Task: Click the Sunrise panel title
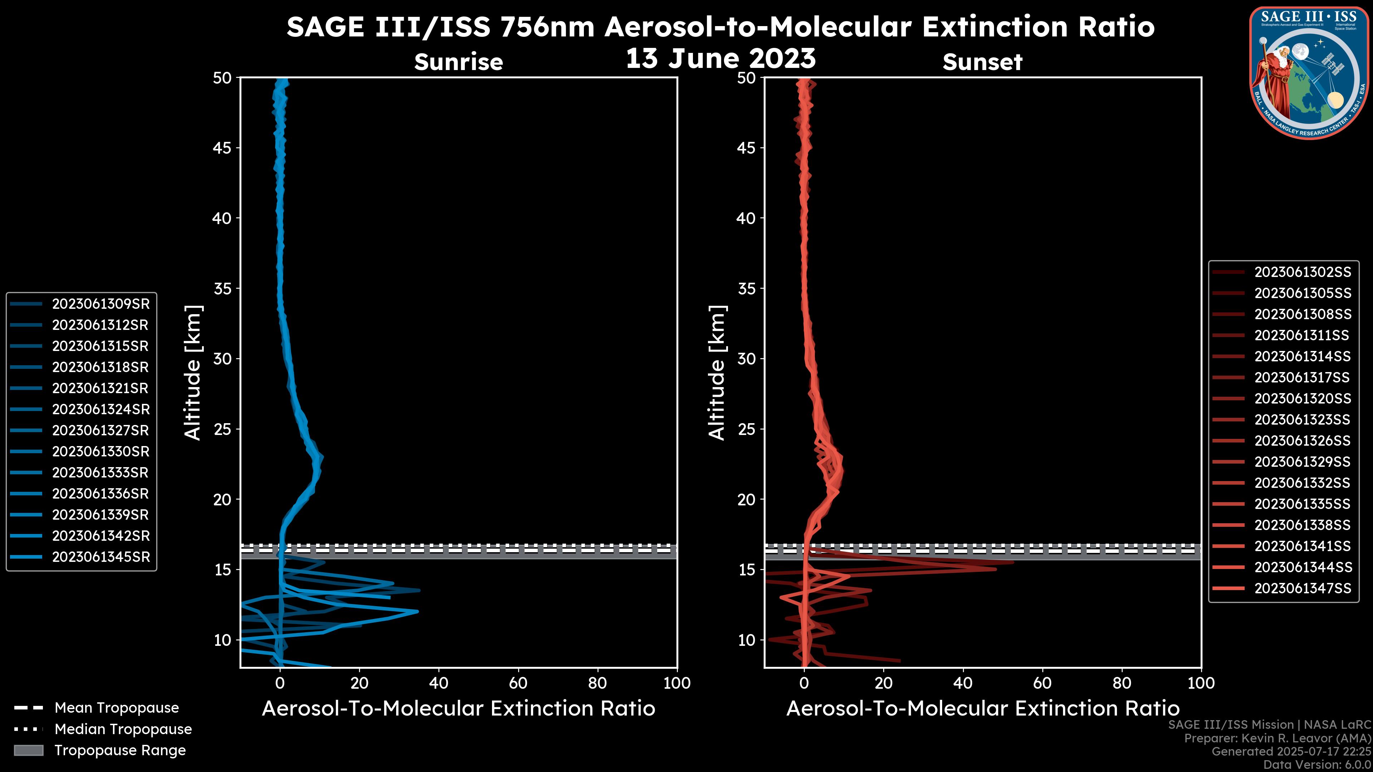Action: pos(458,62)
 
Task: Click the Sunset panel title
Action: pos(982,62)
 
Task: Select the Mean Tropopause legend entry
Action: pos(116,708)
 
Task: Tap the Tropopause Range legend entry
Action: pos(120,750)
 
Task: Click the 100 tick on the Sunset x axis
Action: pos(1201,683)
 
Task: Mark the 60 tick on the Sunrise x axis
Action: pos(518,683)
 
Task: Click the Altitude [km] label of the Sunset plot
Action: pos(717,373)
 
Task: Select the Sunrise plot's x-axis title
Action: pos(458,709)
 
